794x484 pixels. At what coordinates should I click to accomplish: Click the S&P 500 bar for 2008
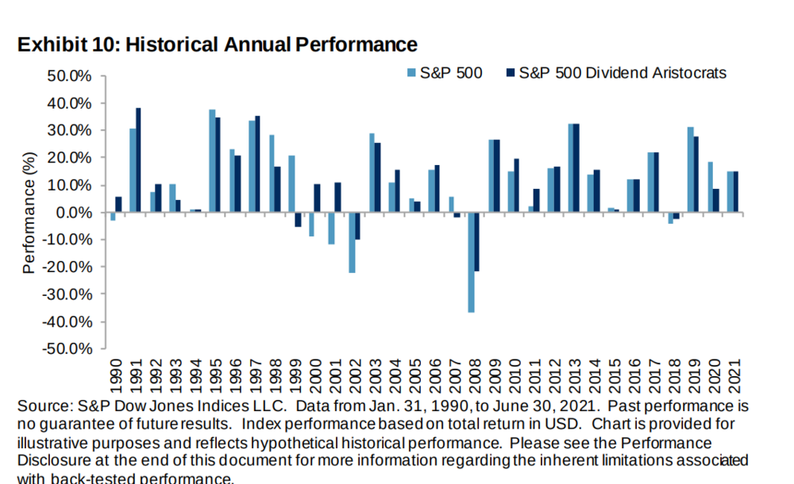[x=472, y=262]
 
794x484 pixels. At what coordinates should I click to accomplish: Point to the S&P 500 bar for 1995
[x=212, y=161]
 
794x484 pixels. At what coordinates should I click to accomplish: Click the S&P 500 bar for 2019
[x=691, y=170]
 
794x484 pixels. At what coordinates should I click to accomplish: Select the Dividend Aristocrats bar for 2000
[x=318, y=198]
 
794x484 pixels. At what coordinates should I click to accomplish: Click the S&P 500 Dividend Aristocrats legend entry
[x=615, y=73]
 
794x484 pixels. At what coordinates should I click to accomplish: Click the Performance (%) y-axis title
[x=29, y=213]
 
